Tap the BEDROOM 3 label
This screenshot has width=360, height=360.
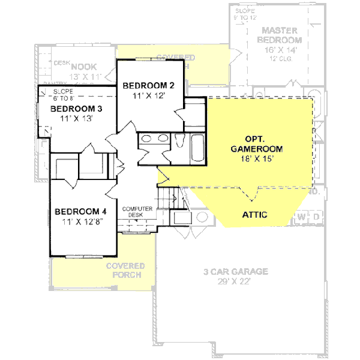coord(76,109)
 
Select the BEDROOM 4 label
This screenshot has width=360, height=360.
coord(80,211)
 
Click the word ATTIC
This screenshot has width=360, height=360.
coord(254,214)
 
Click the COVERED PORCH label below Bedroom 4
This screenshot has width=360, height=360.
coord(125,270)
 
